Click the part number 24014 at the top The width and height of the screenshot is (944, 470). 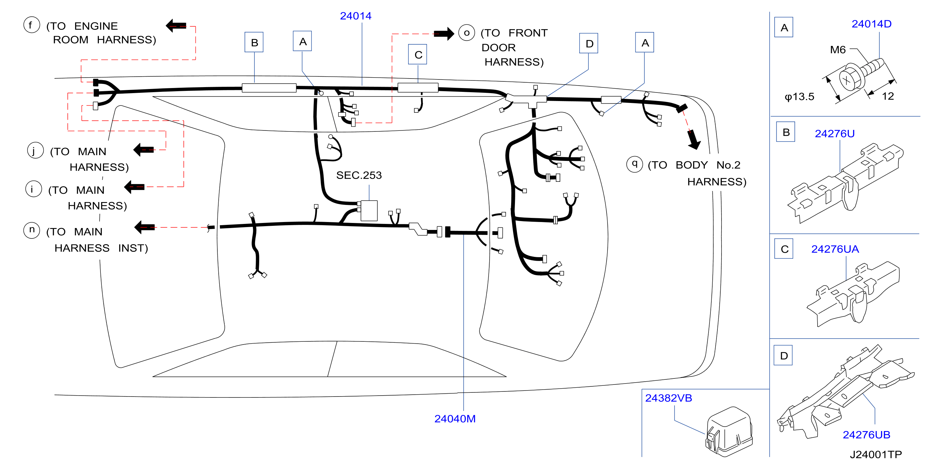(356, 16)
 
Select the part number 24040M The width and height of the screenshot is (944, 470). (455, 419)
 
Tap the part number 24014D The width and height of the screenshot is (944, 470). (871, 24)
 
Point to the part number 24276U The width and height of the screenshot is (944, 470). (834, 133)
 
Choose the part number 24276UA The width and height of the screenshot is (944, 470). (835, 249)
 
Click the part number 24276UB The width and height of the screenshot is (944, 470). (866, 435)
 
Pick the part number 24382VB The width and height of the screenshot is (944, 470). (668, 398)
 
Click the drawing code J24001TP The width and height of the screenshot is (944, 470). (876, 454)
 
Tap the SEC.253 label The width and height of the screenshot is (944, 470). (359, 175)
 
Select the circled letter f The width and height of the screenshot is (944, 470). (31, 25)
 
